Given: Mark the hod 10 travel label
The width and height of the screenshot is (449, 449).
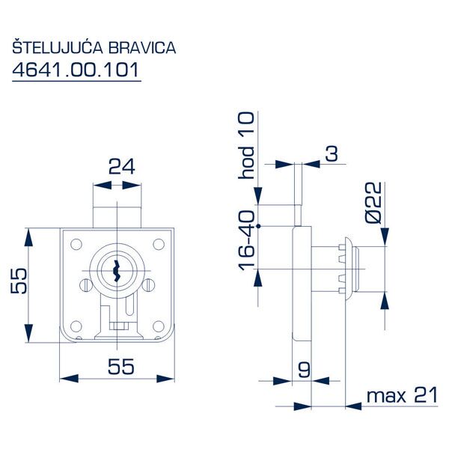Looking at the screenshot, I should [x=246, y=146].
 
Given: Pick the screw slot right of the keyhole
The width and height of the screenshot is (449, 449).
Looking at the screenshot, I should [x=150, y=284].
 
